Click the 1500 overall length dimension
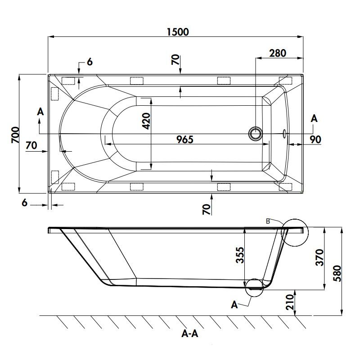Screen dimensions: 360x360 click(x=178, y=32)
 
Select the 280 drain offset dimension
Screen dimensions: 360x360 click(x=278, y=53)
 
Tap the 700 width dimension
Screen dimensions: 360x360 click(x=15, y=135)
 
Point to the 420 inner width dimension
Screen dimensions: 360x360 click(x=146, y=121)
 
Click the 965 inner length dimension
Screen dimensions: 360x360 click(x=185, y=139)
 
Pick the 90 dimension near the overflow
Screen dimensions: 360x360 click(x=315, y=139)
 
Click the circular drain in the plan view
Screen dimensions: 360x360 click(x=255, y=133)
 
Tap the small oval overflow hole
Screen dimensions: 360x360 click(x=284, y=134)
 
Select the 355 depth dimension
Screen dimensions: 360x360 click(x=240, y=255)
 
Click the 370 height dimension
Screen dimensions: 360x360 click(x=319, y=257)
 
